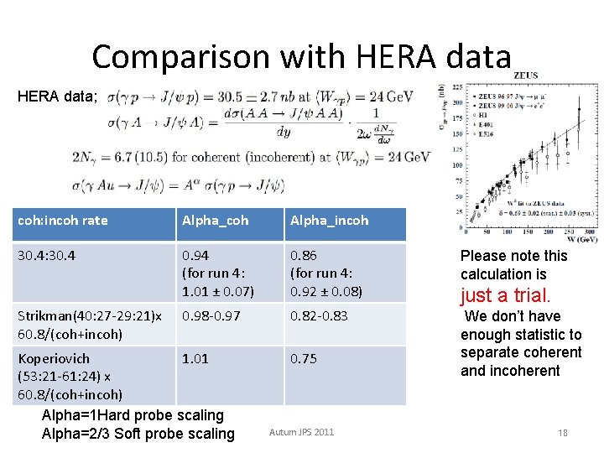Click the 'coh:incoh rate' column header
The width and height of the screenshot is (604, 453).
point(63,221)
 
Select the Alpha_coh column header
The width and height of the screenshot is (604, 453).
point(215,221)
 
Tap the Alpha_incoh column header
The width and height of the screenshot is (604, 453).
point(329,221)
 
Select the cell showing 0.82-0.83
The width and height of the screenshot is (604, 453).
point(318,315)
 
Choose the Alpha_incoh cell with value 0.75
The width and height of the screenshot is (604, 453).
point(304,358)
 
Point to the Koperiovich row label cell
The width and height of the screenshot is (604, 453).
point(71,376)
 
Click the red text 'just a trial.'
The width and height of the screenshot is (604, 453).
point(505,295)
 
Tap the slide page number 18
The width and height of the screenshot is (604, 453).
point(563,433)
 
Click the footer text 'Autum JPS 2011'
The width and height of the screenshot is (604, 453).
point(301,432)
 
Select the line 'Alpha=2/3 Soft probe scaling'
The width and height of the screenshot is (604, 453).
point(138,434)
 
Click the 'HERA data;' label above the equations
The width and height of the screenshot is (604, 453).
point(57,96)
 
